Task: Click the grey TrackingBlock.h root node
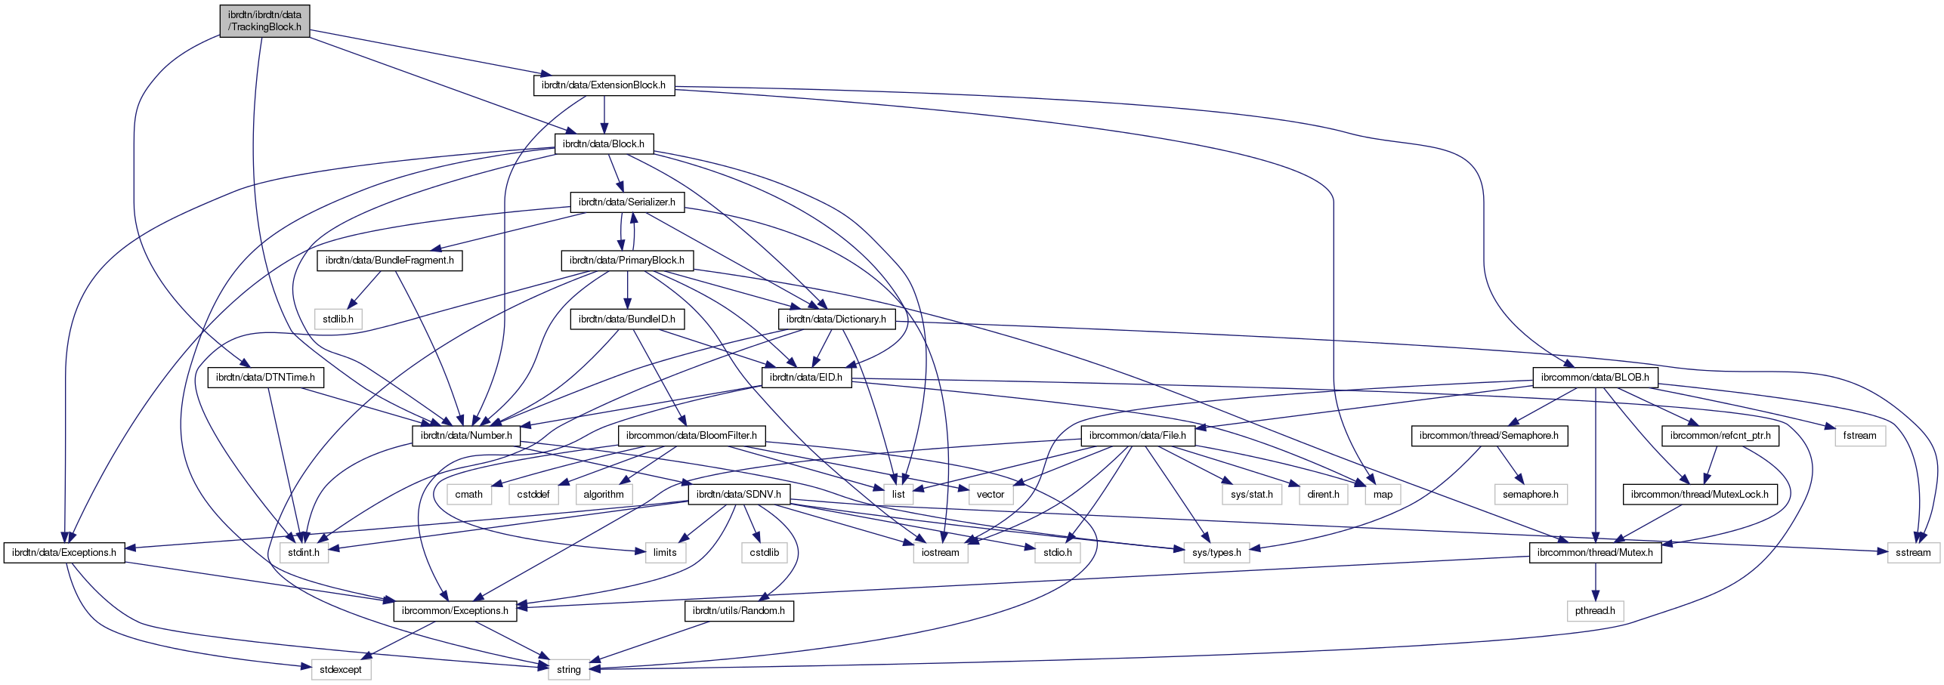point(264,20)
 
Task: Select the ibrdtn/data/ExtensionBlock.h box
point(604,85)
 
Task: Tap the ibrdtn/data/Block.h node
point(604,144)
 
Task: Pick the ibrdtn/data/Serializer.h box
point(626,202)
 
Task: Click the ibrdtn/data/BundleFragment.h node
point(389,261)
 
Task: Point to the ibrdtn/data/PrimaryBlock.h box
point(626,261)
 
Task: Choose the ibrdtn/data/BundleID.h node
point(626,319)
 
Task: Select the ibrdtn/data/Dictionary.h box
point(836,319)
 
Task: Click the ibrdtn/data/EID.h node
point(805,378)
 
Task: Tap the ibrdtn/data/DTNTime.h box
point(265,378)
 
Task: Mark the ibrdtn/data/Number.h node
point(466,436)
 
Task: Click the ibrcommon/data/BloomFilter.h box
point(691,436)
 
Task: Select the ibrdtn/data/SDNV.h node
point(739,495)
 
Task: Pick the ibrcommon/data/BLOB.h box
point(1594,378)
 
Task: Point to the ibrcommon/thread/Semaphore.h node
point(1488,436)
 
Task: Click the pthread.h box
point(1595,611)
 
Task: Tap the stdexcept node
point(341,670)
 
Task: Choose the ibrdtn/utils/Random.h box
point(738,611)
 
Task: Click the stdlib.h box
point(338,319)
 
